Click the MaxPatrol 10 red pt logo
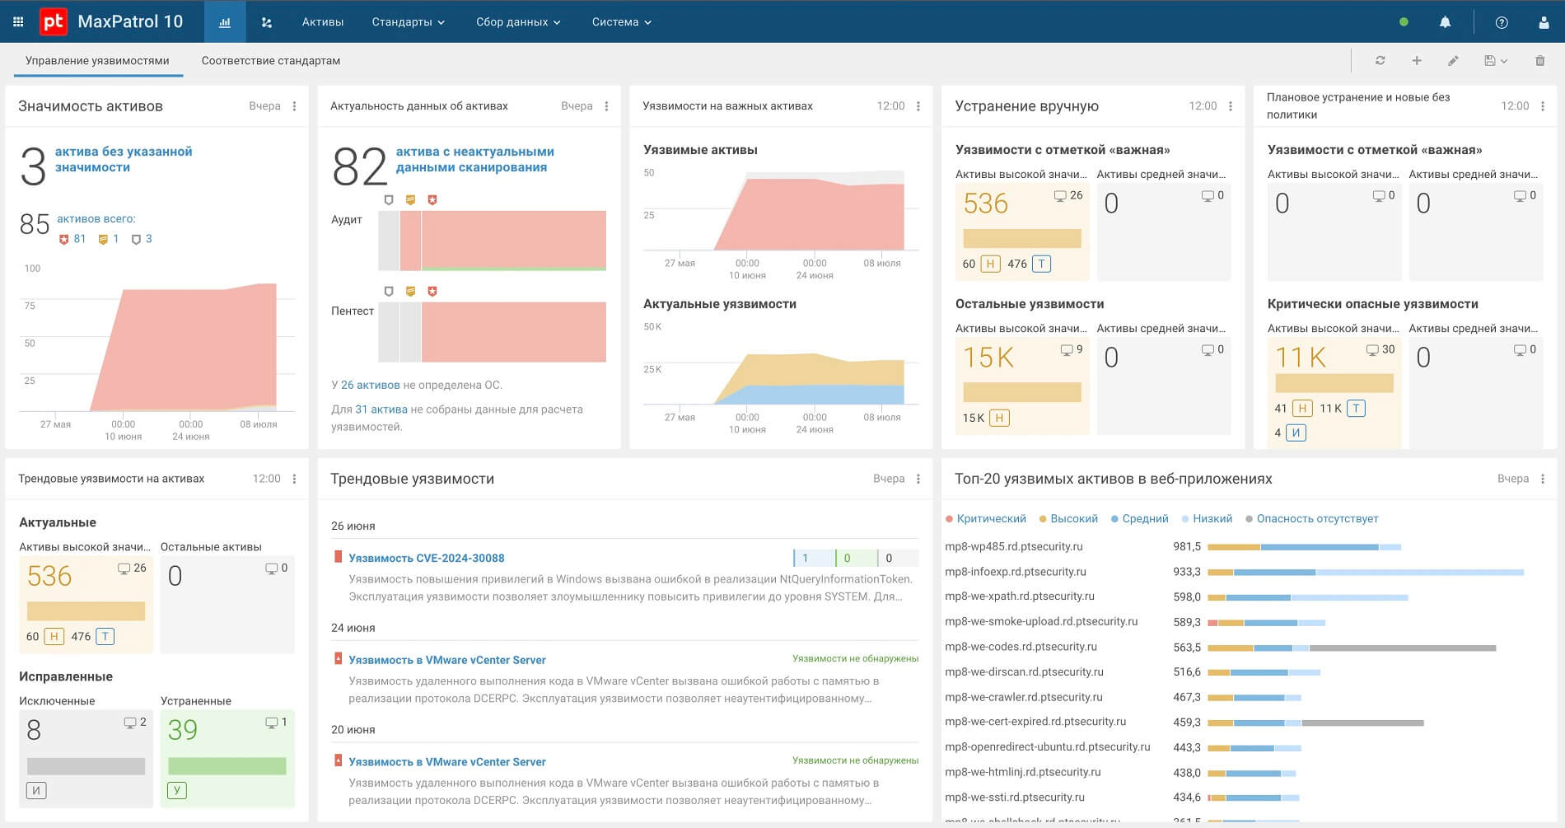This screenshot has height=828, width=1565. (x=54, y=21)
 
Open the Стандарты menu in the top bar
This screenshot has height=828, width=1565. (x=408, y=22)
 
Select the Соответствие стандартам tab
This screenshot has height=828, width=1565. (x=271, y=61)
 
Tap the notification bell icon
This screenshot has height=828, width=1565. (x=1445, y=22)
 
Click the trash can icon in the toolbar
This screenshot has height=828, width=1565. (x=1539, y=61)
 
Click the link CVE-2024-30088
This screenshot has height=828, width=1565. (x=427, y=558)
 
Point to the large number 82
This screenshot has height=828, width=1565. (x=359, y=167)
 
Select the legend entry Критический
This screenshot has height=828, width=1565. (x=986, y=519)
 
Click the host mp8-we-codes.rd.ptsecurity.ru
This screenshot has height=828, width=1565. (x=1021, y=647)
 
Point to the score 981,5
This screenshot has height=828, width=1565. (x=1187, y=546)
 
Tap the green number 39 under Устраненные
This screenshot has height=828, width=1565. (x=183, y=730)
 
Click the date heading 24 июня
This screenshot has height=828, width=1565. (x=353, y=628)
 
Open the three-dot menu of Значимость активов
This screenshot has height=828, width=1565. (x=294, y=106)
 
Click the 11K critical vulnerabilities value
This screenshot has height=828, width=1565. (x=1301, y=358)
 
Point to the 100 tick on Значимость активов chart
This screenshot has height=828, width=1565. (x=32, y=269)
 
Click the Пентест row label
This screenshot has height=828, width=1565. (x=353, y=311)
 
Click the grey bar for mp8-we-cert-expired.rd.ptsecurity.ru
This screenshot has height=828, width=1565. (x=1363, y=723)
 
